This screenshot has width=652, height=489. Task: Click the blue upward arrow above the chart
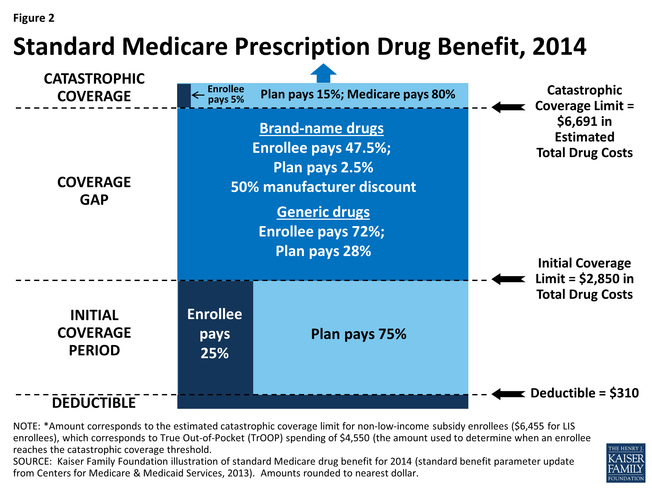(323, 73)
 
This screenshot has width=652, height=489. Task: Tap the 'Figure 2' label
(34, 18)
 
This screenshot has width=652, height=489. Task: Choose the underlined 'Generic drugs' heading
(323, 212)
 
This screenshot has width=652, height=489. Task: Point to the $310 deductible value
(624, 393)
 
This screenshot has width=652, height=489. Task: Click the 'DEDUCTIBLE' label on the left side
(94, 403)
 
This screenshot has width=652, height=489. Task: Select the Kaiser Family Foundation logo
(625, 462)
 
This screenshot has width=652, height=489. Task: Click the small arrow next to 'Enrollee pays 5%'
(198, 95)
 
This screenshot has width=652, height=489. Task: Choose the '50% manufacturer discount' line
(323, 187)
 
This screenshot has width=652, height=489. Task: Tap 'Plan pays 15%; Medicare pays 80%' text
(358, 94)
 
